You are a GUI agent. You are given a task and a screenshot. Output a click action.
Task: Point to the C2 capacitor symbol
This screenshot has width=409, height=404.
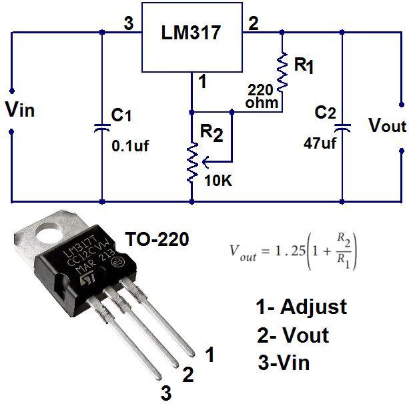[342, 126]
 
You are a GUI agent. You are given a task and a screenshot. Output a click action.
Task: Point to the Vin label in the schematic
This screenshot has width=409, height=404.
[19, 109]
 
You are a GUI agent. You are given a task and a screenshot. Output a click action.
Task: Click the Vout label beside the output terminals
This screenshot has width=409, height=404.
[387, 125]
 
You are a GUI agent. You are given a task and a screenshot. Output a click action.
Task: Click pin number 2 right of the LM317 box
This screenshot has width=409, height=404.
[254, 25]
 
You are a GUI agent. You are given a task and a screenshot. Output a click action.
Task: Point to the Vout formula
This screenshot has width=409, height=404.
[294, 252]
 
